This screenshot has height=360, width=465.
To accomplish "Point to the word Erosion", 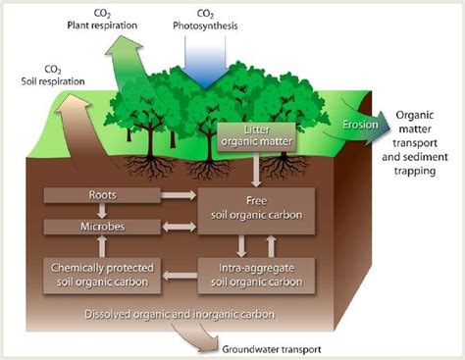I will (x=353, y=128).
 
